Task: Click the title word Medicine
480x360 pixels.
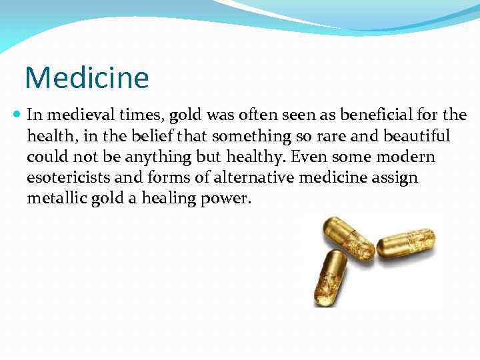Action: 87,77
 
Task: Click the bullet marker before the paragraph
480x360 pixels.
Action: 17,115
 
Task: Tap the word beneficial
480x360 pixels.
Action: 361,115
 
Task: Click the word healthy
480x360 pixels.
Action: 247,157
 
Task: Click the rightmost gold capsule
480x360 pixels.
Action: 406,243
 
